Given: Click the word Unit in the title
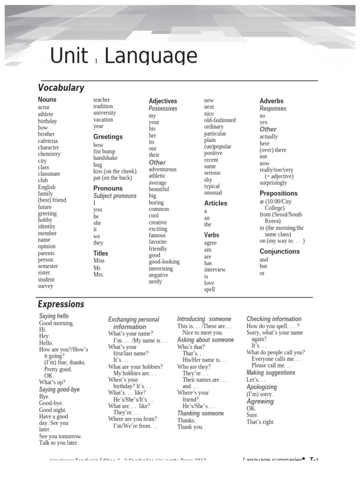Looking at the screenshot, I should click(x=69, y=57).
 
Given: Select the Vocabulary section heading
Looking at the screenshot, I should click(x=61, y=88).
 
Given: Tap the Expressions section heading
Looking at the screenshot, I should click(x=61, y=304).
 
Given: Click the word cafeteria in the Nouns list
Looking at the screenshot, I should click(x=48, y=141).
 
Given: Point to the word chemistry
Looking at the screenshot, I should click(x=49, y=154).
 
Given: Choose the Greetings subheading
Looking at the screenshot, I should click(x=108, y=137).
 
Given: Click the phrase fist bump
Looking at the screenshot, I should click(x=104, y=151).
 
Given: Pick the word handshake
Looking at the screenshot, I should click(x=105, y=158).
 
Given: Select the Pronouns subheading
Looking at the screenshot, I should click(x=108, y=188).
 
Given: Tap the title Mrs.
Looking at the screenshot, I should click(x=98, y=274).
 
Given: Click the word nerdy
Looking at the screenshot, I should click(x=155, y=282).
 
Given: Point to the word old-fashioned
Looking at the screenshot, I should click(x=220, y=120).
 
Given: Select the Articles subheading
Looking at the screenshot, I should click(x=216, y=203).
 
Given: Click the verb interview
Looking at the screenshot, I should click(x=215, y=270).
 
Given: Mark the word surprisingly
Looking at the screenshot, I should click(x=273, y=183).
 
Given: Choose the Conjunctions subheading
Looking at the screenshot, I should click(x=279, y=252).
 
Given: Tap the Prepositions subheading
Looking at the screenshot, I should click(x=278, y=193).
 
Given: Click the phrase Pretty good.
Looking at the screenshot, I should click(x=58, y=369).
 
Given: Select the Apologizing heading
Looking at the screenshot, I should click(x=262, y=387).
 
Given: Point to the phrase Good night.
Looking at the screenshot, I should click(x=52, y=410).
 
